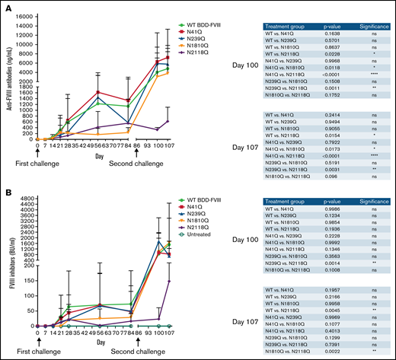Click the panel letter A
[5, 5]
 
